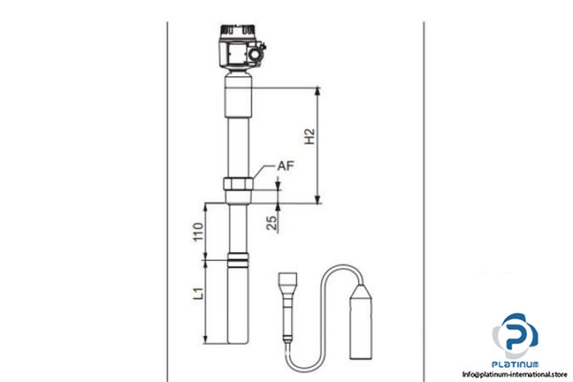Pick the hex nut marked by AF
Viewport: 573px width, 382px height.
tap(239, 186)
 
